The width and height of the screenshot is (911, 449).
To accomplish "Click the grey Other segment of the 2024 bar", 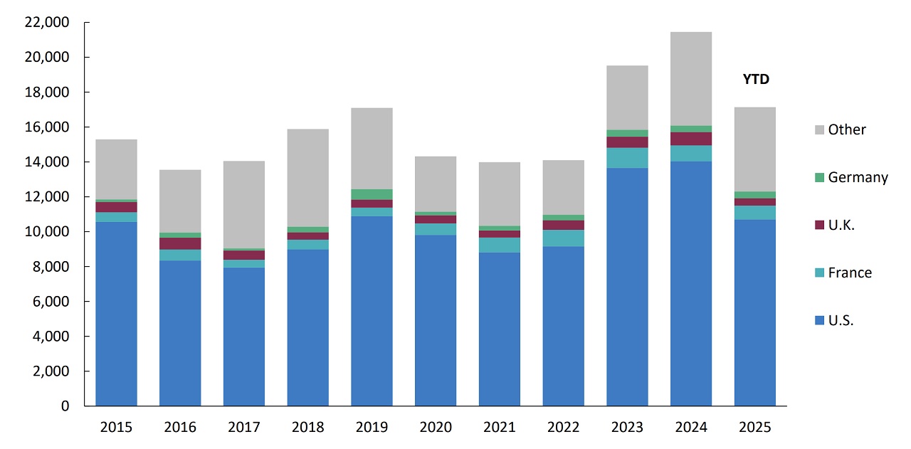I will pyautogui.click(x=690, y=78).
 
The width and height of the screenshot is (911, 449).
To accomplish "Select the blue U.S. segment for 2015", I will pyautogui.click(x=116, y=313).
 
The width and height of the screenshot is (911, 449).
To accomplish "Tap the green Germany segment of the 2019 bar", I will pyautogui.click(x=372, y=194).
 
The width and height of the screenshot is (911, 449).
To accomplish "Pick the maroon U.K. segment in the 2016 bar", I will pyautogui.click(x=180, y=243).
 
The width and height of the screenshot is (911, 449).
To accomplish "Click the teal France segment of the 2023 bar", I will pyautogui.click(x=627, y=158).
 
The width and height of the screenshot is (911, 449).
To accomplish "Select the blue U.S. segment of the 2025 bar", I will pyautogui.click(x=754, y=313).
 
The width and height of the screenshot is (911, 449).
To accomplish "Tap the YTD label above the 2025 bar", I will pyautogui.click(x=755, y=80).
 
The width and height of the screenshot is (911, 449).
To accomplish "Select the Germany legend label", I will pyautogui.click(x=858, y=177).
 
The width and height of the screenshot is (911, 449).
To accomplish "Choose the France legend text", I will pyautogui.click(x=850, y=273).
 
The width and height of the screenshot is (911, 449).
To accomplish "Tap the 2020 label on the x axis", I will pyautogui.click(x=436, y=427).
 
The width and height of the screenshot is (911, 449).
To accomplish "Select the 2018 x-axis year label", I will pyautogui.click(x=307, y=427).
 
